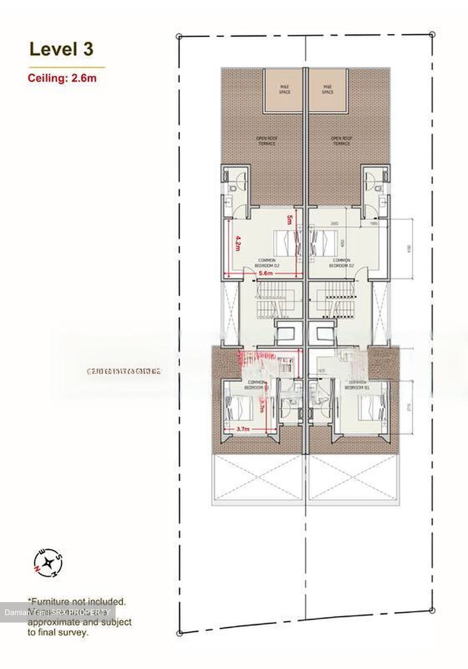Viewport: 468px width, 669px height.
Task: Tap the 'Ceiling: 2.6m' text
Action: pyautogui.click(x=62, y=78)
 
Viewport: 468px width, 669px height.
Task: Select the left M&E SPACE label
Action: pyautogui.click(x=285, y=89)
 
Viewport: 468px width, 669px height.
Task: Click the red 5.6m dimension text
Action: pyautogui.click(x=265, y=273)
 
